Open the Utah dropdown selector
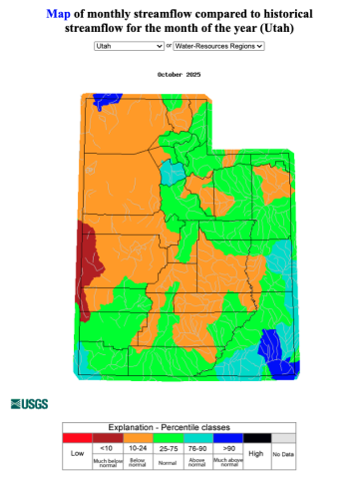[130, 46]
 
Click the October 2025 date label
[180, 74]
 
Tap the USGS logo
[29, 403]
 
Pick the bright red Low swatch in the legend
[77, 437]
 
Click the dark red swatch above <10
[107, 437]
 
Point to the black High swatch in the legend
[256, 437]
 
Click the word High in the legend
[256, 452]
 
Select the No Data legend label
[283, 455]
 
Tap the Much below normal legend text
[107, 463]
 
